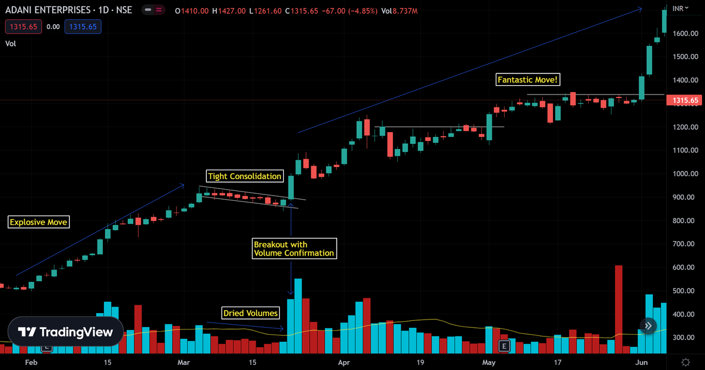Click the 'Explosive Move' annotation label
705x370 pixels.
pyautogui.click(x=39, y=222)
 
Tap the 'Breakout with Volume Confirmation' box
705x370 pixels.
pyautogui.click(x=294, y=249)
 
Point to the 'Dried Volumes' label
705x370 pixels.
pyautogui.click(x=250, y=313)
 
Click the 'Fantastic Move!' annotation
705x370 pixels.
pyautogui.click(x=526, y=79)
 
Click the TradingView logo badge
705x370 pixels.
pyautogui.click(x=65, y=332)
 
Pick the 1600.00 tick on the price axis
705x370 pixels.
pyautogui.click(x=686, y=33)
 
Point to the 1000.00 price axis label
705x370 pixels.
pyautogui.click(x=686, y=174)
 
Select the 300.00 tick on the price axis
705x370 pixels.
pyautogui.click(x=686, y=338)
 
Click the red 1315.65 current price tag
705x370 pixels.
pyautogui.click(x=686, y=100)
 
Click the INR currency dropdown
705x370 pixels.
pyautogui.click(x=681, y=8)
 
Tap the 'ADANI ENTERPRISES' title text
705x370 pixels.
pyautogui.click(x=48, y=10)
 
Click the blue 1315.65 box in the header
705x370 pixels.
pyautogui.click(x=83, y=26)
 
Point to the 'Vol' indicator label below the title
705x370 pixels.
pyautogui.click(x=11, y=43)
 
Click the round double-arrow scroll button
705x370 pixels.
pyautogui.click(x=648, y=326)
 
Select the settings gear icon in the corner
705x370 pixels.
pyautogui.click(x=686, y=362)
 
